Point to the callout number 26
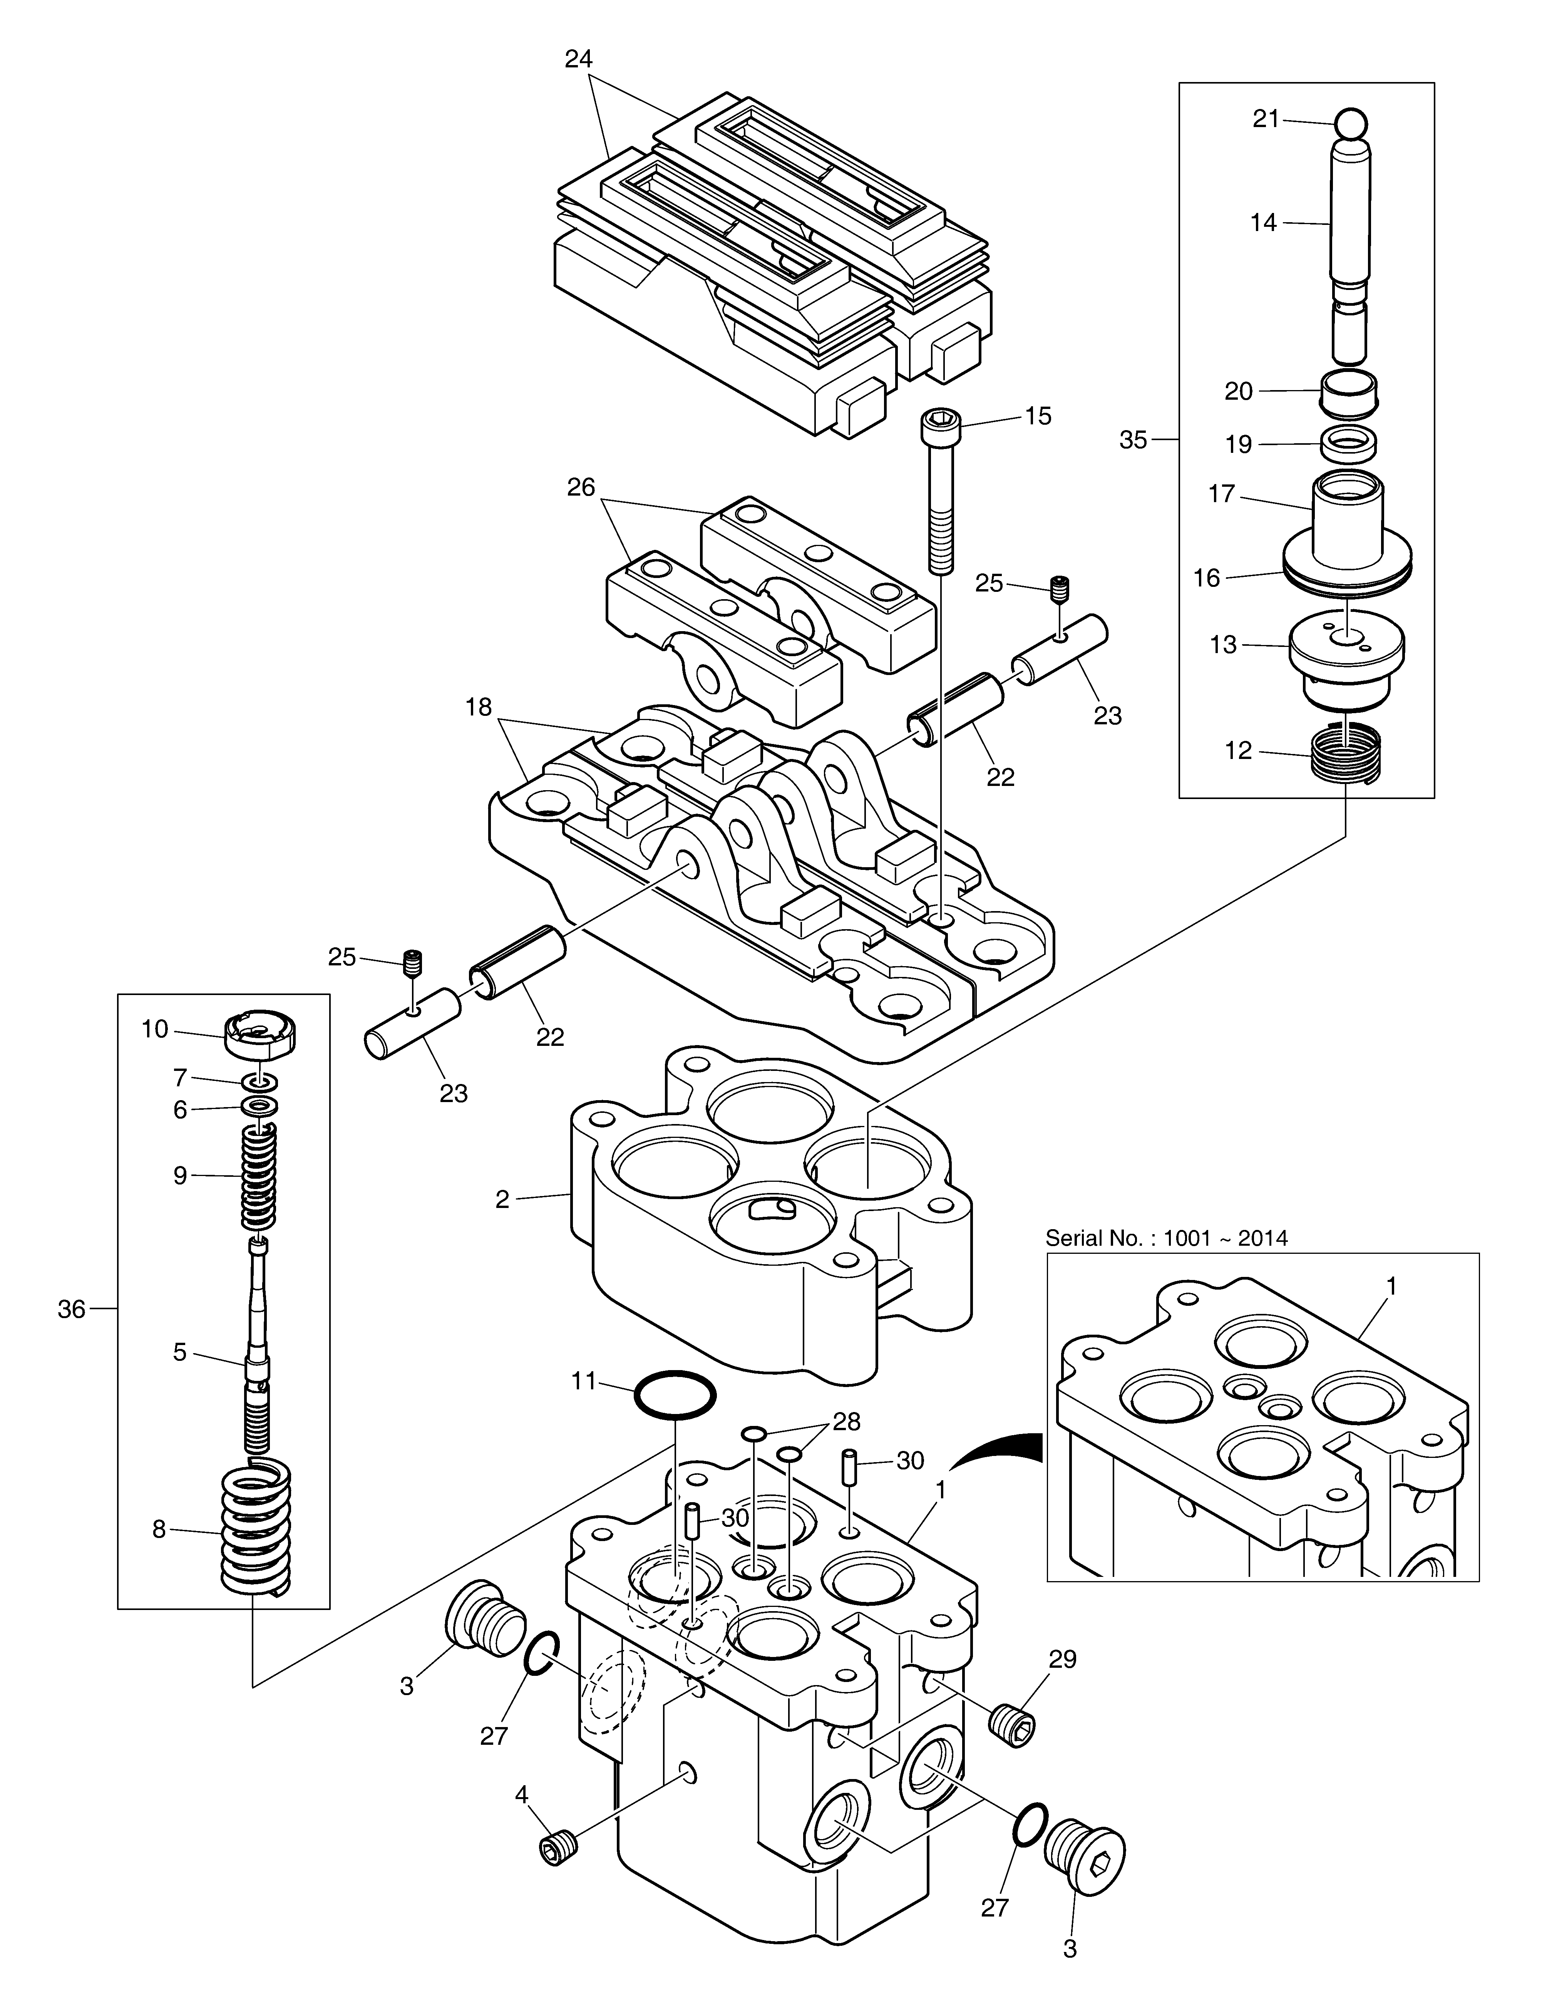click(581, 487)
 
